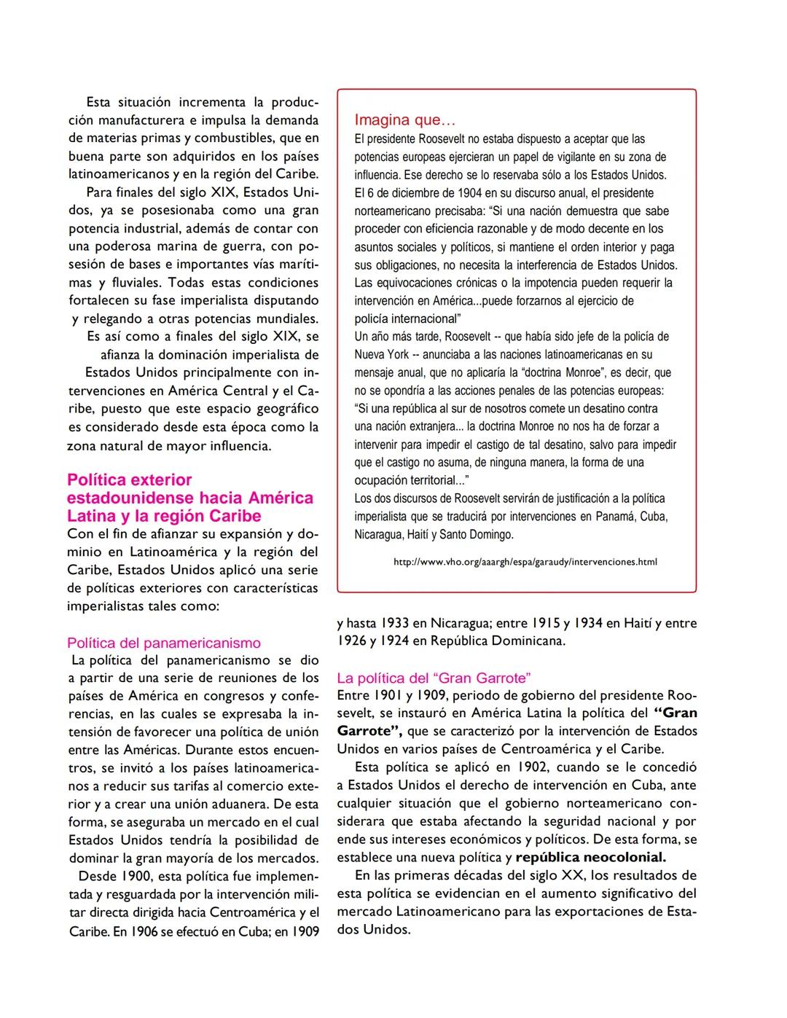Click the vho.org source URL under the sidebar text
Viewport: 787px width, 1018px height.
[525, 562]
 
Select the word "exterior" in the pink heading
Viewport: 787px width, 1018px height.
[161, 479]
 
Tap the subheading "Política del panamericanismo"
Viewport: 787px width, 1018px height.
[164, 643]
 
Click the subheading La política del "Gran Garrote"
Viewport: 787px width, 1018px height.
[434, 678]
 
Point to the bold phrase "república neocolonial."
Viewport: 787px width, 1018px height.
[590, 857]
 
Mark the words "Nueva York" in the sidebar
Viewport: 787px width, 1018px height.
[382, 355]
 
